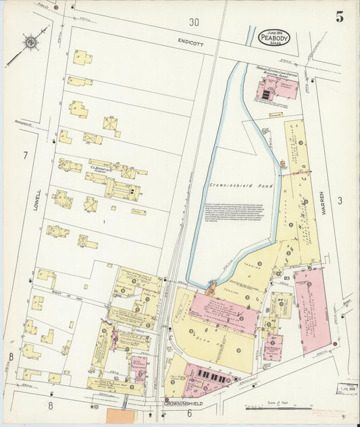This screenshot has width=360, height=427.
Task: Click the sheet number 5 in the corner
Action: [340, 18]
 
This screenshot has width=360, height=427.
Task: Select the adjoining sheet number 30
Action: [195, 22]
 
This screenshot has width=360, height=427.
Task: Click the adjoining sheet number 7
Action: [25, 156]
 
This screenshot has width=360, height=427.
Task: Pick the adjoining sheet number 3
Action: [340, 200]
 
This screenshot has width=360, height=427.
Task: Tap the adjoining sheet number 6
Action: [189, 413]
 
